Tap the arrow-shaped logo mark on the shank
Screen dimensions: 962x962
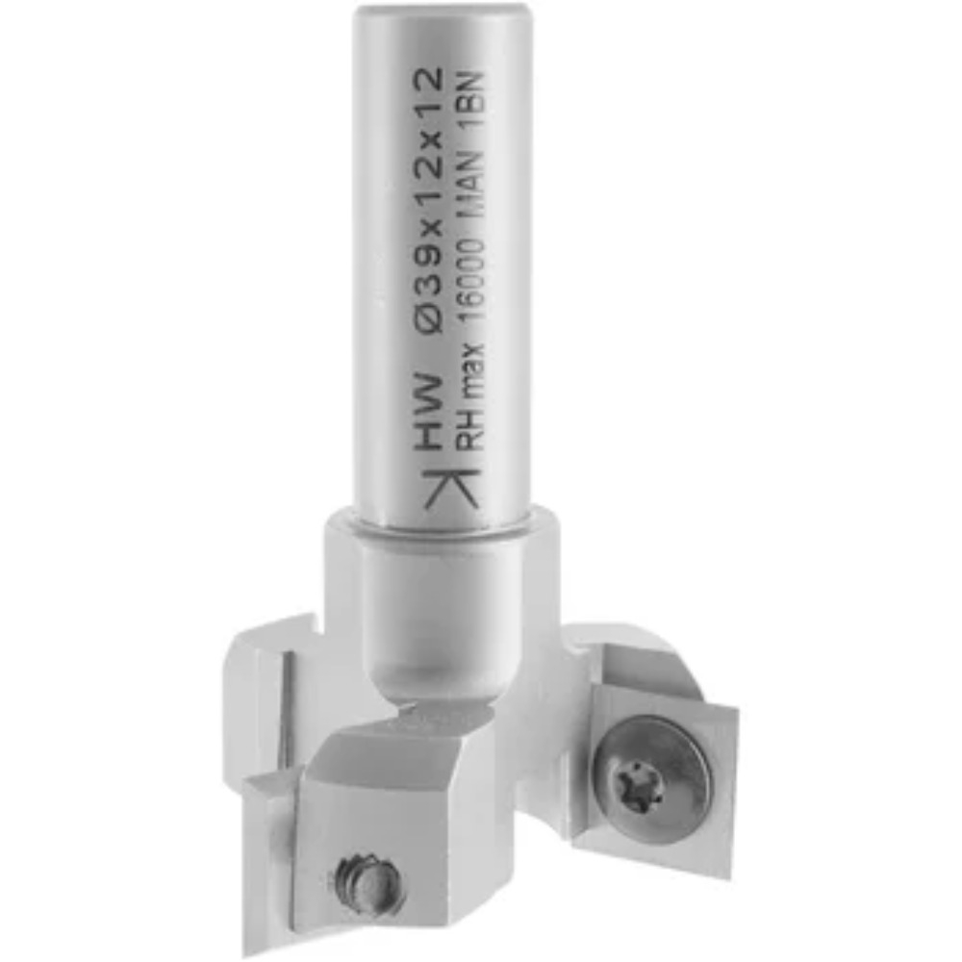451,486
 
